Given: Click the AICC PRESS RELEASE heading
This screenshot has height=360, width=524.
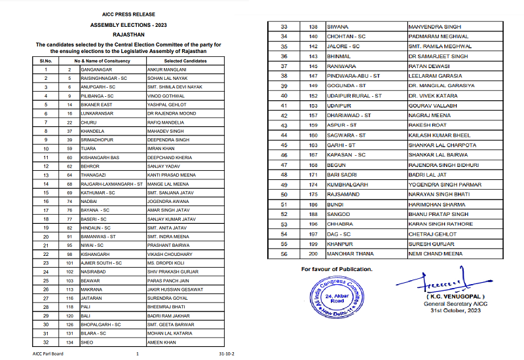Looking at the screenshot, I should [x=128, y=13].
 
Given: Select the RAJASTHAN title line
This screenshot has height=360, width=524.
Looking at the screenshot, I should [x=128, y=33].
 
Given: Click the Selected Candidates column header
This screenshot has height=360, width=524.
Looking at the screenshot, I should [x=177, y=61].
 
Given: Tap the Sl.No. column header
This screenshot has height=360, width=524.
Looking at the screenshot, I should [x=46, y=61].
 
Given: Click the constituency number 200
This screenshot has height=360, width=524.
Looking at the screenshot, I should [x=313, y=253].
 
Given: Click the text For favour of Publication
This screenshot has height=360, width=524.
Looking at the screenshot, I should [x=337, y=269].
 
